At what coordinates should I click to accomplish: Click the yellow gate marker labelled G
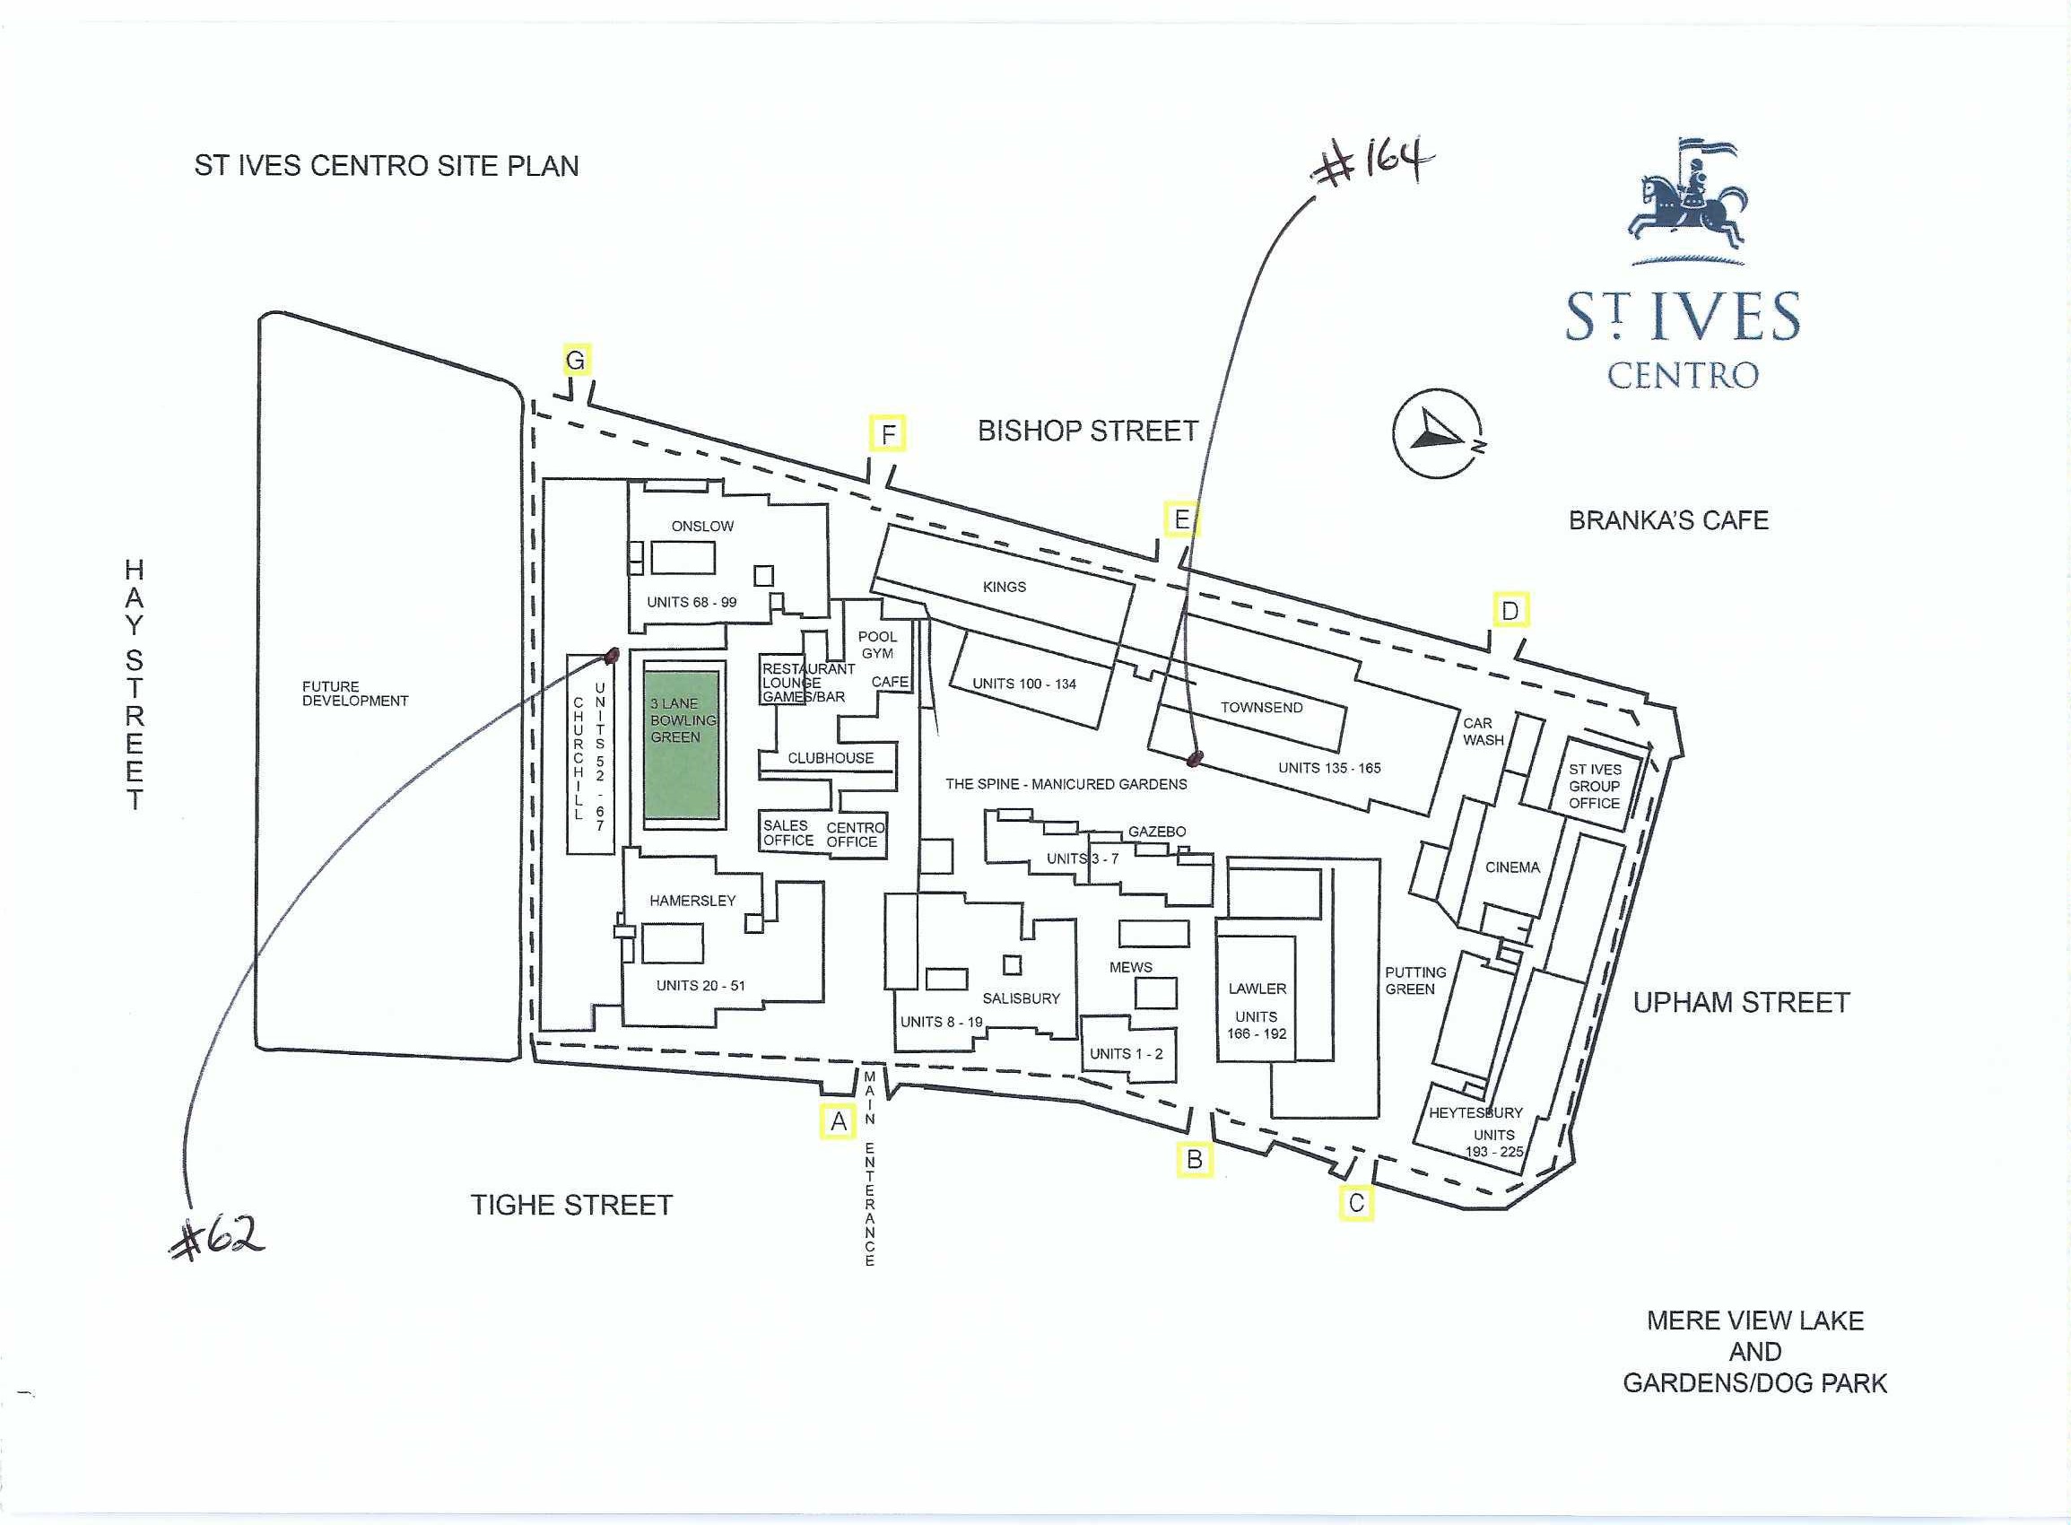click(x=576, y=360)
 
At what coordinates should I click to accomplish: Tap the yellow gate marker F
click(x=888, y=434)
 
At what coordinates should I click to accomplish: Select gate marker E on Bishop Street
click(x=1181, y=519)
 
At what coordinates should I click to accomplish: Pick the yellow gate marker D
click(x=1510, y=610)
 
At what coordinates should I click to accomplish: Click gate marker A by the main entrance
click(x=838, y=1121)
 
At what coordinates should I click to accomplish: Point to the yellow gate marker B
click(x=1194, y=1159)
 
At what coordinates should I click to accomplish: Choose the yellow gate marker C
click(x=1357, y=1204)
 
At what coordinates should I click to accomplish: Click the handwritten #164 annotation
click(x=1373, y=164)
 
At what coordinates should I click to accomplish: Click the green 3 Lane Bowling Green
click(x=681, y=739)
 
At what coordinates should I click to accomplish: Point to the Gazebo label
click(x=1156, y=832)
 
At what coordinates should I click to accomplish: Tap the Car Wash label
click(x=1484, y=732)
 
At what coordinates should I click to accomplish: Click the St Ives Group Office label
click(x=1595, y=787)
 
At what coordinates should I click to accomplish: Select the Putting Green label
click(x=1414, y=980)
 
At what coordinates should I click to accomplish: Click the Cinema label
click(x=1512, y=867)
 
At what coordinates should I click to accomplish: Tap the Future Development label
click(x=355, y=693)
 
